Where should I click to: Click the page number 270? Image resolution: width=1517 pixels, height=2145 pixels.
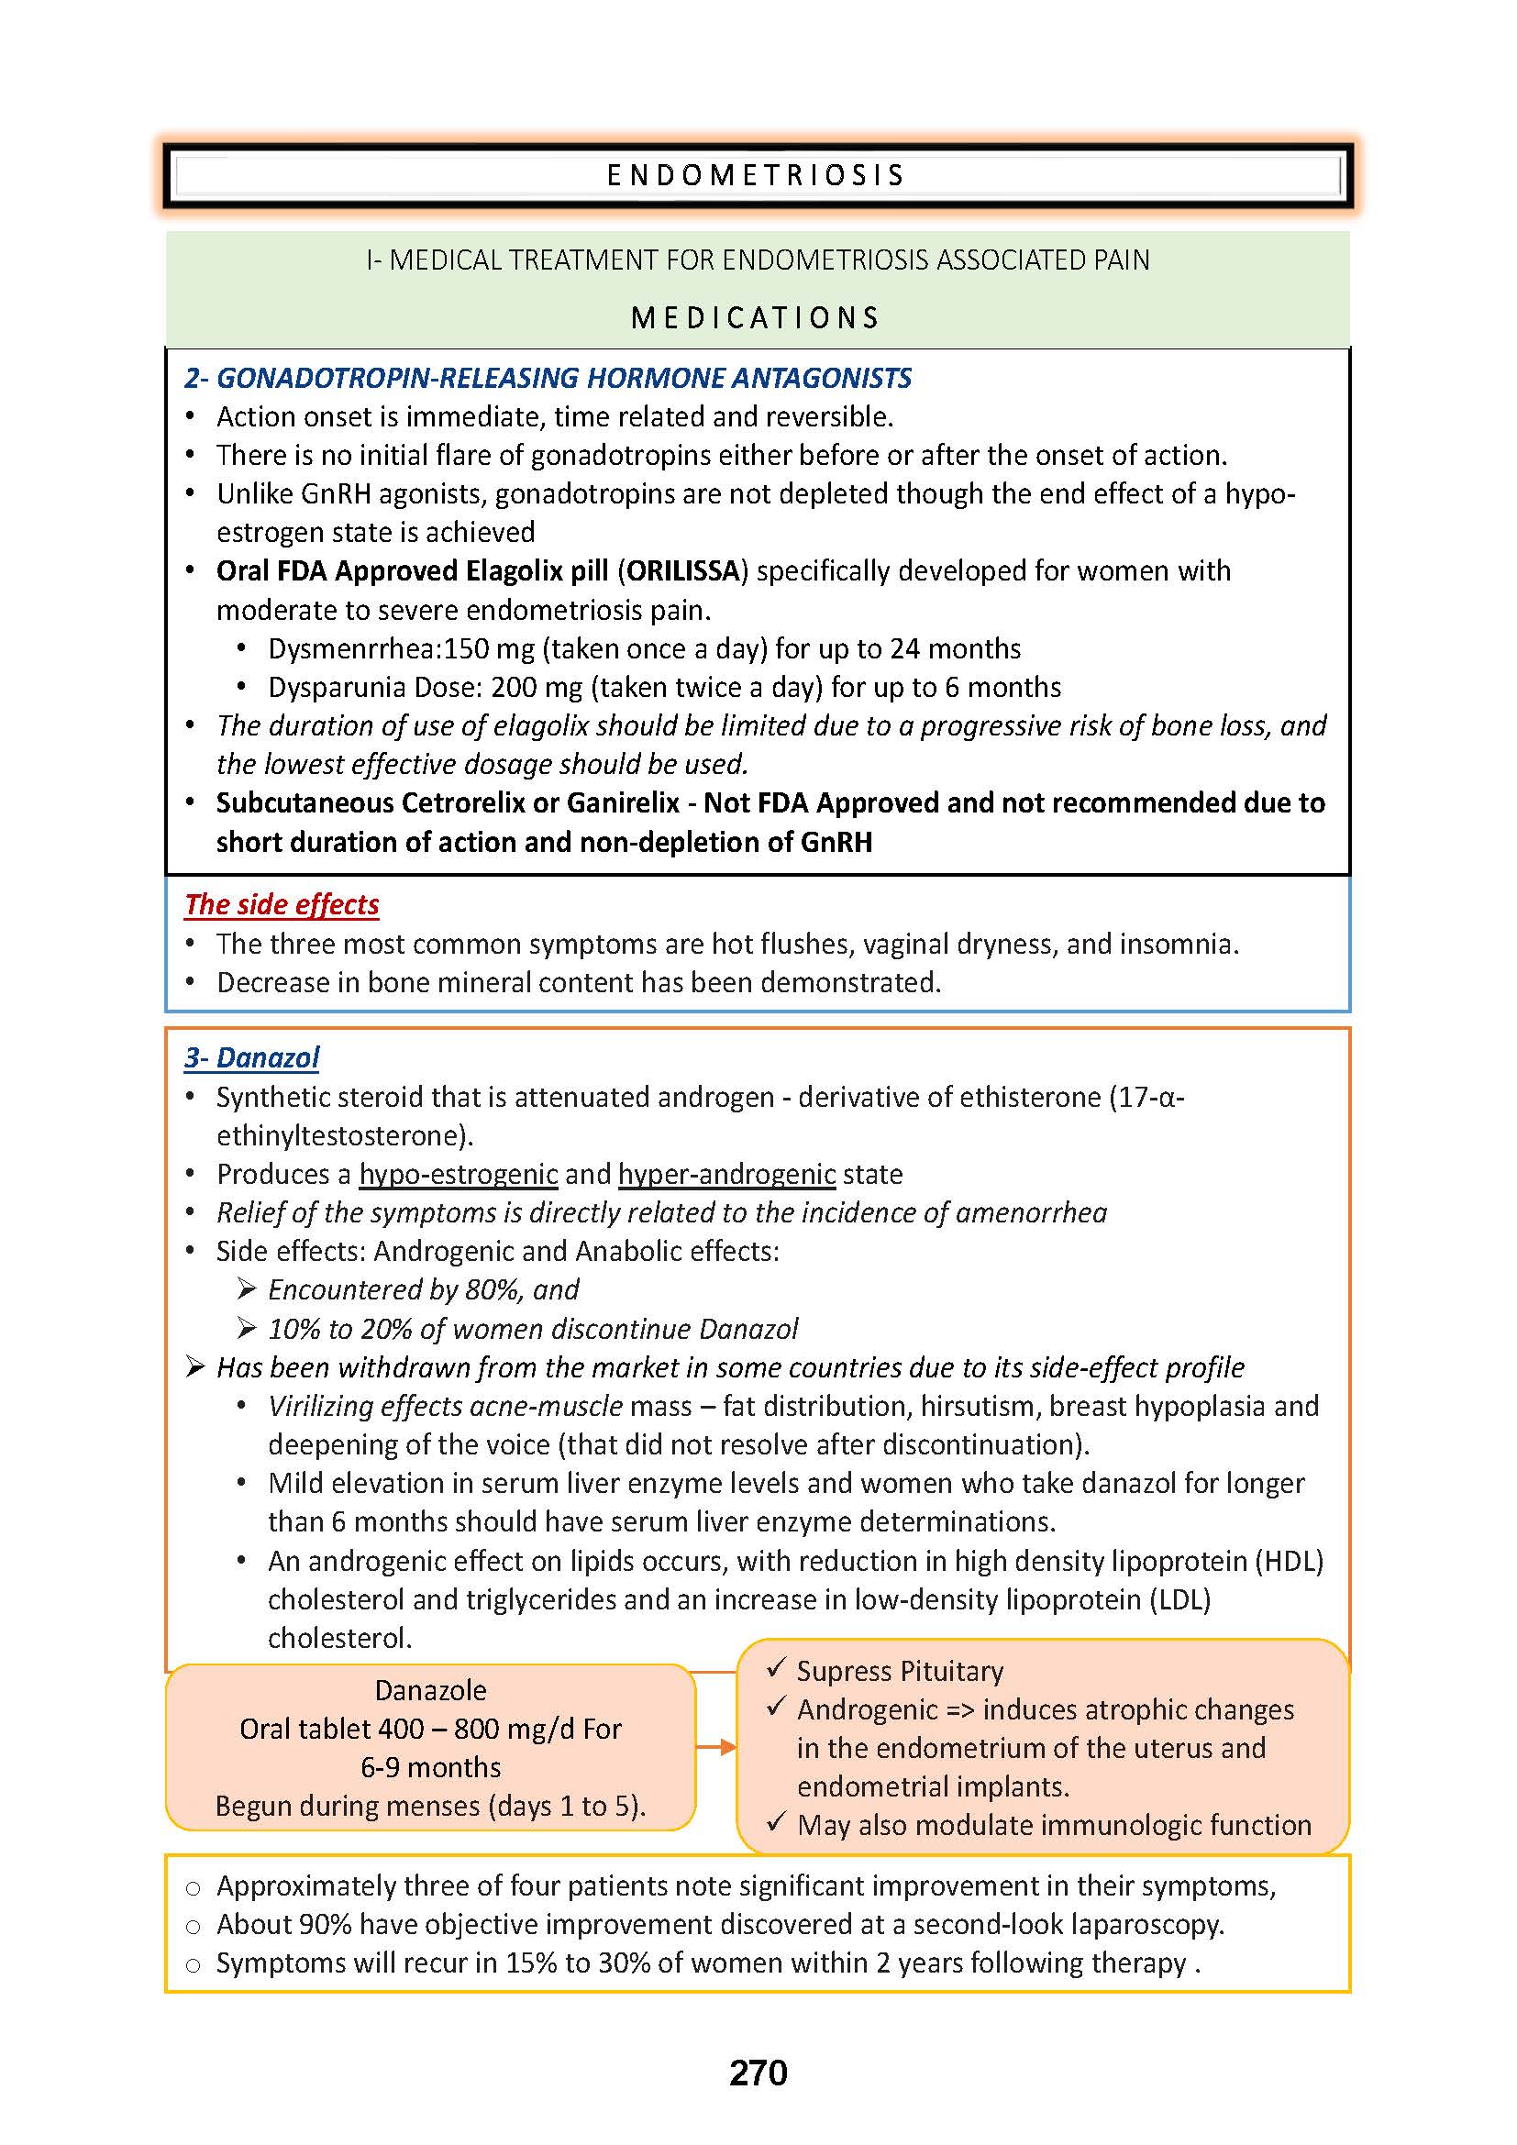(x=758, y=2073)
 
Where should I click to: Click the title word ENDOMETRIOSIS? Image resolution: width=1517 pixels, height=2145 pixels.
(x=757, y=176)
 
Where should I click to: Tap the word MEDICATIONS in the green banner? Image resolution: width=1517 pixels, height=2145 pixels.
(x=756, y=317)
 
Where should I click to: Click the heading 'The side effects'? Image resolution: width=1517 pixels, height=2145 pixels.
(x=282, y=904)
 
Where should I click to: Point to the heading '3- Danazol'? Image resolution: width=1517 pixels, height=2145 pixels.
(x=251, y=1057)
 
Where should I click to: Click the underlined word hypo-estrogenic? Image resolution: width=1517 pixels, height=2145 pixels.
(x=458, y=1174)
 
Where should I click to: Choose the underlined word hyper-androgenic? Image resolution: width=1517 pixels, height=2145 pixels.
(x=726, y=1174)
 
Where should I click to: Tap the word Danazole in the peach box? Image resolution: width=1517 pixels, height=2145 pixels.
(x=431, y=1690)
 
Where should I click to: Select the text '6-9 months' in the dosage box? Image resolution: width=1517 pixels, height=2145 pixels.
(x=431, y=1766)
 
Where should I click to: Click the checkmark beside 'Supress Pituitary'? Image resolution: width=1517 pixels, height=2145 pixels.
(x=776, y=1668)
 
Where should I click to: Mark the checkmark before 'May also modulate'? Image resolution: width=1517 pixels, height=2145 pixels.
(x=776, y=1823)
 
